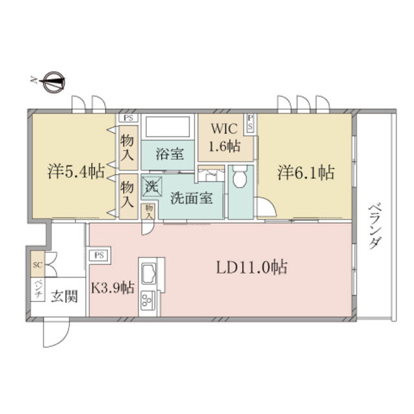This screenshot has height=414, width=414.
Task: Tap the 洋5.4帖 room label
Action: coord(76,171)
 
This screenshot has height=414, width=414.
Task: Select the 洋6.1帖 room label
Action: coord(306,173)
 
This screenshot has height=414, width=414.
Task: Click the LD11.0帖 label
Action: coord(252,267)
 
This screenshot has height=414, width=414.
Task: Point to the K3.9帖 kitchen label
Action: coord(113,288)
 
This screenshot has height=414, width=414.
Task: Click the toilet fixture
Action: coord(240,177)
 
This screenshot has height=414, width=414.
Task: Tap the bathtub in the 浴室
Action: coord(168,127)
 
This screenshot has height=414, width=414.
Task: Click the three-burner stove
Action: coord(148,300)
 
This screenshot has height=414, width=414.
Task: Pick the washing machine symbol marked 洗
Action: coord(152,186)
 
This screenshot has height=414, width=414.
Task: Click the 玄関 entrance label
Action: coord(65,296)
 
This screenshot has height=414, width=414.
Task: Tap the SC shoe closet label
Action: coord(38,265)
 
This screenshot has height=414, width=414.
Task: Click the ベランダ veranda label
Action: coord(375,226)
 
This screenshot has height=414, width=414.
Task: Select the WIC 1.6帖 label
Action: coord(225,137)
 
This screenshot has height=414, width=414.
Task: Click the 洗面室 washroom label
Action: coord(191,198)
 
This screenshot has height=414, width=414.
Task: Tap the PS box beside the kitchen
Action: coord(99,256)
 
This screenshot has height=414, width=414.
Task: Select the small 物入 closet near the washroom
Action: coord(149,212)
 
